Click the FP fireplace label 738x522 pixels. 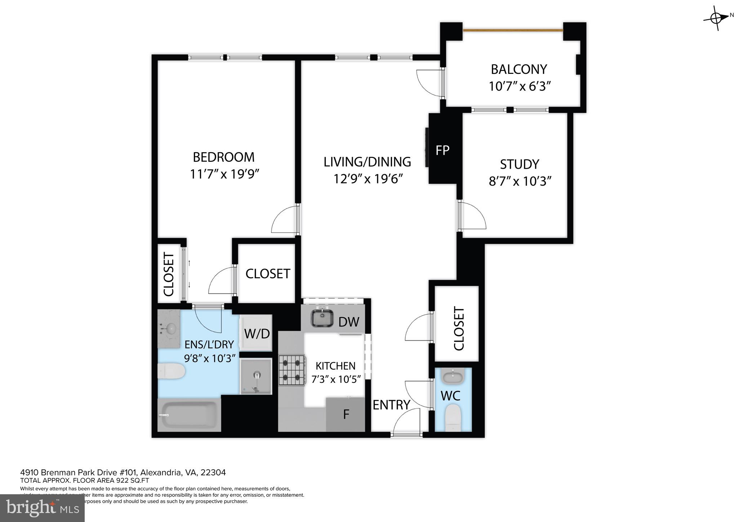[442, 150]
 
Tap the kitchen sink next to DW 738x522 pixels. [322, 318]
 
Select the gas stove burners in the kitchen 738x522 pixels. [292, 371]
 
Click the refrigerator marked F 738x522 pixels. [346, 415]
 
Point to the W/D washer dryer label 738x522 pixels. [257, 333]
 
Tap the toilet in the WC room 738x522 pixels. [453, 418]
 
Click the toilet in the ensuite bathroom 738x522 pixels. [172, 371]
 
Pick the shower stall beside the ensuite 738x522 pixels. [256, 376]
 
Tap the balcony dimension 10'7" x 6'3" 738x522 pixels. [520, 87]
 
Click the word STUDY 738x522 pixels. [519, 164]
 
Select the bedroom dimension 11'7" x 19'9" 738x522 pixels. [224, 174]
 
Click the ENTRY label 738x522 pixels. [391, 405]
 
